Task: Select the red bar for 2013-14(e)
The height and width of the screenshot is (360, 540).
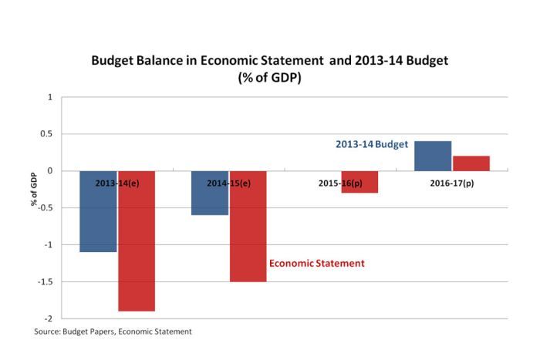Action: point(137,247)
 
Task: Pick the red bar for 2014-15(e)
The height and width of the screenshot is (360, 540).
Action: point(248,231)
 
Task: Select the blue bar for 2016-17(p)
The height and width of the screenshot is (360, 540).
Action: point(433,156)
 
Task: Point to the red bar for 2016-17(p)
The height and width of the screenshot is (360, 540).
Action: point(471,163)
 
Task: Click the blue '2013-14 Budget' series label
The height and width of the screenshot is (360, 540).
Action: point(371,144)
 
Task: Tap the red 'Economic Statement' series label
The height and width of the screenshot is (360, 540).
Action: point(316,263)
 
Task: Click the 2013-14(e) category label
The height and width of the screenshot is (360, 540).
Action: point(117,183)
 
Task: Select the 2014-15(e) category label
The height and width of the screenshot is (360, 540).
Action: point(228,183)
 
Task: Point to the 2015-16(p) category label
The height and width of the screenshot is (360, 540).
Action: point(341,183)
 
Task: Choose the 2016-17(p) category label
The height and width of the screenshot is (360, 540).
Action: point(453,183)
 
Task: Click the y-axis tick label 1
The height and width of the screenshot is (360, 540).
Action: point(50,97)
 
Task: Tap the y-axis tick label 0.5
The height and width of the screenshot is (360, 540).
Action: point(46,134)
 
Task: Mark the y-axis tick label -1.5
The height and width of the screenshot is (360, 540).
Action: point(45,281)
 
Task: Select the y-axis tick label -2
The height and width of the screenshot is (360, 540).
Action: point(48,318)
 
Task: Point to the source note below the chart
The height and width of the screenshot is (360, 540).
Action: point(113,331)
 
